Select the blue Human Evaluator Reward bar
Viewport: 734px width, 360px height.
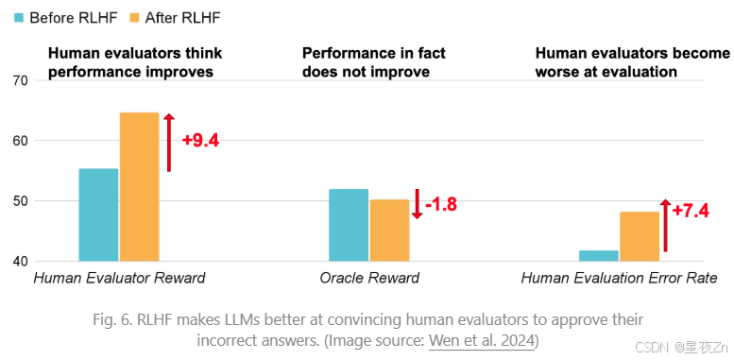click(x=98, y=214)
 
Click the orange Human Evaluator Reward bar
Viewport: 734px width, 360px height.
click(x=139, y=187)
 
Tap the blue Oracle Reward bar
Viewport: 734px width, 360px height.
click(x=349, y=225)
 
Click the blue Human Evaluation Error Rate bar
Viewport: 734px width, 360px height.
click(x=599, y=255)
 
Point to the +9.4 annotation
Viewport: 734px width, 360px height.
click(x=200, y=141)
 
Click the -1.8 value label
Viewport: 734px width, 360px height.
click(x=440, y=204)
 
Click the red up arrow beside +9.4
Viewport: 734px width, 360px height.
click(x=169, y=142)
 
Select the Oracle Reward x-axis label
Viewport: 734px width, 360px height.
click(x=369, y=279)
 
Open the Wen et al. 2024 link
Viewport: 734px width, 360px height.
click(x=481, y=339)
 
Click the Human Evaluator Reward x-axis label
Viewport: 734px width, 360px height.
click(x=119, y=279)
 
